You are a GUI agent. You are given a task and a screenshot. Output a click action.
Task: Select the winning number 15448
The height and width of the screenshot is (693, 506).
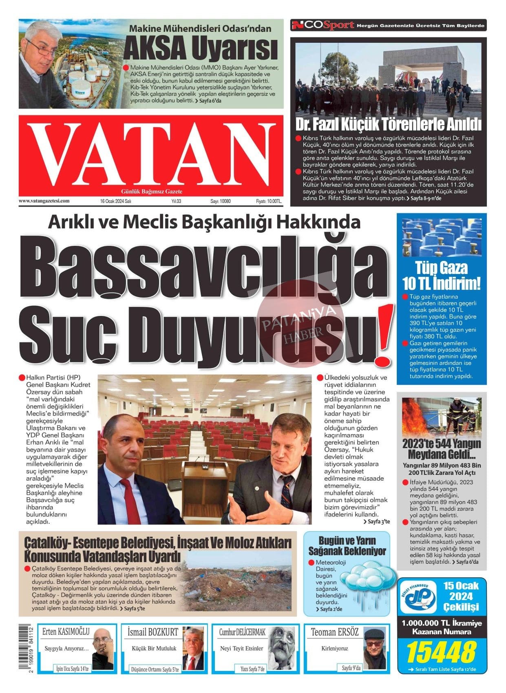(441, 652)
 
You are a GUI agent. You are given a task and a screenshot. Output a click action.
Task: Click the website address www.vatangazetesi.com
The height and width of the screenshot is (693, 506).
(44, 201)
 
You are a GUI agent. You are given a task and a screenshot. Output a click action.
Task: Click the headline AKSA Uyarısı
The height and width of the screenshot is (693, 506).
(201, 49)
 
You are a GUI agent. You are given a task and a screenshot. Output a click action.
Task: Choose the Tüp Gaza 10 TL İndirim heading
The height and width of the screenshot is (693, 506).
(441, 276)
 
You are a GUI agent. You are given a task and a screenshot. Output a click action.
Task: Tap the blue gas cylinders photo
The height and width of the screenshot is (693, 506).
(441, 237)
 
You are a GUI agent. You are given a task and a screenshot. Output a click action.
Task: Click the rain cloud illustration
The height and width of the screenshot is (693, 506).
(367, 579)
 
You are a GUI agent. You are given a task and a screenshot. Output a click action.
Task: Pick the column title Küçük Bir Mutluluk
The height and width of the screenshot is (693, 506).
(154, 648)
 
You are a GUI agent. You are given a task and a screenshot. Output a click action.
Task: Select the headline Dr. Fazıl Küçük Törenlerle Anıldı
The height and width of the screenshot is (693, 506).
(388, 124)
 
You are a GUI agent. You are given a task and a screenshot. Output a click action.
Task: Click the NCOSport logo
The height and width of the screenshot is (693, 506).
(323, 26)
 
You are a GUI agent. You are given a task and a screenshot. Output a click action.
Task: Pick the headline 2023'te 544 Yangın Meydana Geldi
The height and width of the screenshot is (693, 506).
(442, 448)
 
